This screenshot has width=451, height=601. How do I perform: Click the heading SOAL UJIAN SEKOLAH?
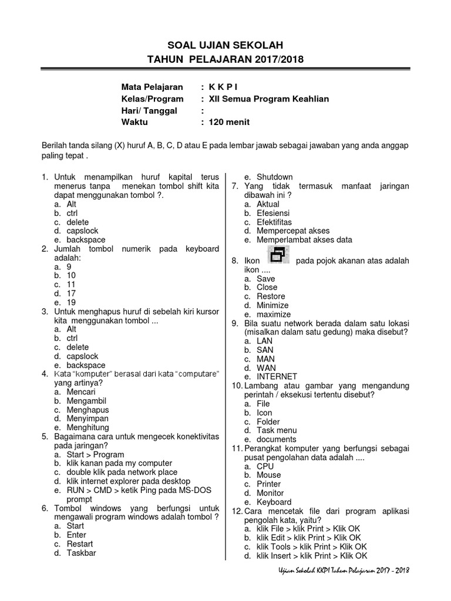click(x=225, y=45)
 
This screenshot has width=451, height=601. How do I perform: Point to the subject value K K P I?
click(x=224, y=87)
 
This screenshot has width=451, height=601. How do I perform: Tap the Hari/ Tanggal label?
click(x=149, y=110)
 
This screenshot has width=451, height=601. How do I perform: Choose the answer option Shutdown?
click(x=274, y=177)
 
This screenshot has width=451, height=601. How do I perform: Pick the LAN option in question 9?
click(x=265, y=341)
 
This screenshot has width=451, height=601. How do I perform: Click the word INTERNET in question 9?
click(x=277, y=377)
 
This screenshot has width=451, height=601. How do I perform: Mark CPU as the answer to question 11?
click(x=265, y=466)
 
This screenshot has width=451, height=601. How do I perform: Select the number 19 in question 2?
click(x=71, y=302)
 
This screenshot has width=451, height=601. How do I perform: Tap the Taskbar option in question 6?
click(x=81, y=553)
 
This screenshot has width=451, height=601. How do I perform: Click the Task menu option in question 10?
click(x=277, y=430)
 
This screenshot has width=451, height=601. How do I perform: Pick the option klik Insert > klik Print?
click(x=311, y=556)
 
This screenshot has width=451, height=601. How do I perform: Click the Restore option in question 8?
click(x=271, y=296)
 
